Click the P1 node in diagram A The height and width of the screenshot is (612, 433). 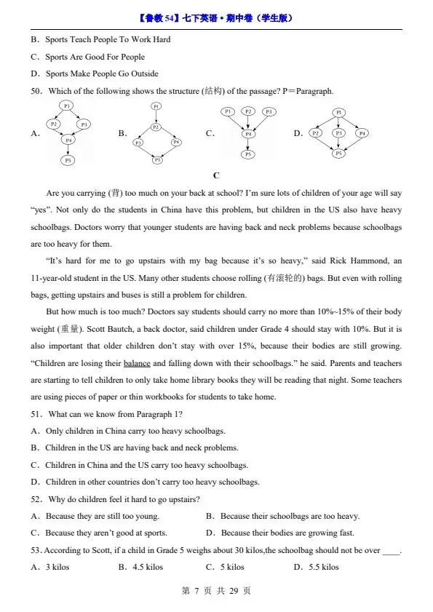67,106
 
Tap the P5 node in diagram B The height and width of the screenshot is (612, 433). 157,160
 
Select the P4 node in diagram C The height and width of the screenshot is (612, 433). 248,134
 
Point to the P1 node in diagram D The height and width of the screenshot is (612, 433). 338,112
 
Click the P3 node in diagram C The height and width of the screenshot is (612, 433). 269,111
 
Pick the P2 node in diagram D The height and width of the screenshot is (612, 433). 316,133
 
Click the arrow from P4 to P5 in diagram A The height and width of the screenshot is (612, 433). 68,150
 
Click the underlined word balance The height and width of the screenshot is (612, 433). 137,363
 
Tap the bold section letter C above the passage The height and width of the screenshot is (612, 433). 216,175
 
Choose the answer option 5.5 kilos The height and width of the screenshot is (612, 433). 321,567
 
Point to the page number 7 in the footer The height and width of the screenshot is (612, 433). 196,591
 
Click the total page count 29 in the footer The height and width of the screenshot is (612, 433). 234,591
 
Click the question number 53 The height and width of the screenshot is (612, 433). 35,551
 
